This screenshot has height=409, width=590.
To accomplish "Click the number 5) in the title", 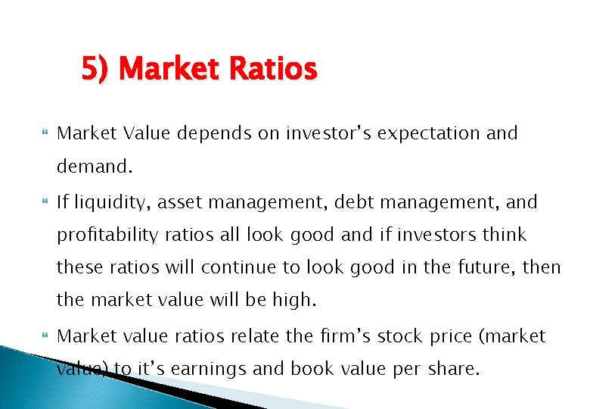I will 96,70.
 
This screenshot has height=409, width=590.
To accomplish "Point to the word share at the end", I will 455,370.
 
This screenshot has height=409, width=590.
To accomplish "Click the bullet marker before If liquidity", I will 42,203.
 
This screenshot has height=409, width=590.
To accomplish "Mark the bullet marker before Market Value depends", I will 42,134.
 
